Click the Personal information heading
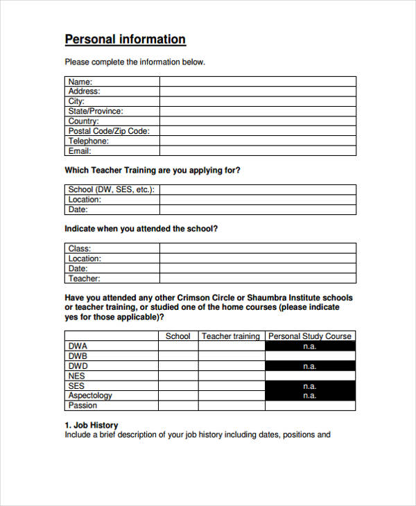tap(125, 40)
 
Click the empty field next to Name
tap(257, 82)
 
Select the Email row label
tap(80, 150)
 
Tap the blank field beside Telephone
tap(257, 141)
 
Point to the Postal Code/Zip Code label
tap(109, 131)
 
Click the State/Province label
tap(96, 111)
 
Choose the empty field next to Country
tap(257, 121)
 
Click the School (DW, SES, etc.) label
tap(111, 189)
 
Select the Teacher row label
tap(84, 279)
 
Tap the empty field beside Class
tap(257, 248)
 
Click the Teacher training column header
tap(230, 336)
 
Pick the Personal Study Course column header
tap(310, 336)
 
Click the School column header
tap(178, 336)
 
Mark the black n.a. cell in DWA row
tap(310, 346)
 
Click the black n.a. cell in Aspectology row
tap(310, 396)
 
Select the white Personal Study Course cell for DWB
tap(310, 356)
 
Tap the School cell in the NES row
tap(178, 376)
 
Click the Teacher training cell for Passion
tap(230, 405)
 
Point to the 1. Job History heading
tap(92, 425)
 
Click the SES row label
tap(76, 386)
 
